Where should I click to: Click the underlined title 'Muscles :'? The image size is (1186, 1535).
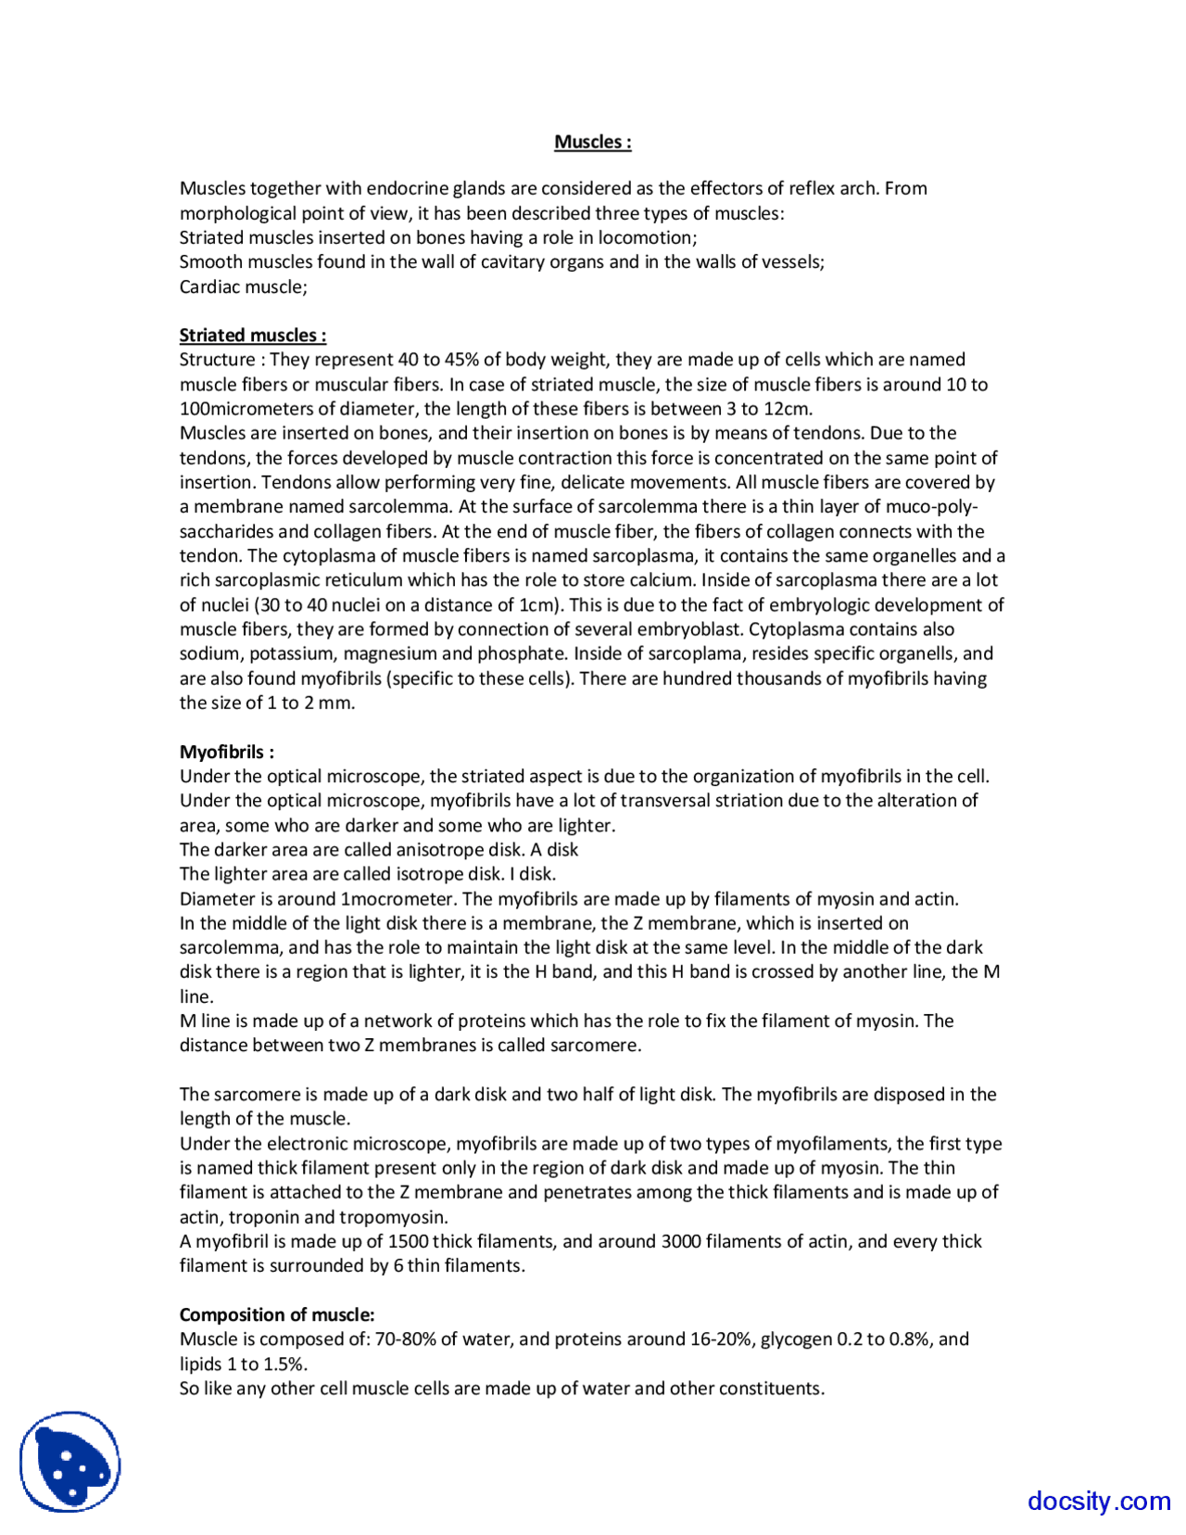click(x=593, y=142)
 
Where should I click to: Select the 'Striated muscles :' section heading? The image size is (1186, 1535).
click(x=252, y=335)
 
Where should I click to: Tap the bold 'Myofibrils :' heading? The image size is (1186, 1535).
click(x=226, y=752)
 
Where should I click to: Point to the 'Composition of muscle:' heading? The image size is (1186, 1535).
click(x=277, y=1314)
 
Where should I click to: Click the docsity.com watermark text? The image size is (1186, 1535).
click(x=1099, y=1500)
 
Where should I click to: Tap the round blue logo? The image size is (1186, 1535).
click(x=70, y=1462)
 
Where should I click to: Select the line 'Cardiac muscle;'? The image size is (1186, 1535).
click(x=243, y=286)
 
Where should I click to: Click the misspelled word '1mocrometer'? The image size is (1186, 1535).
click(x=398, y=899)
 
